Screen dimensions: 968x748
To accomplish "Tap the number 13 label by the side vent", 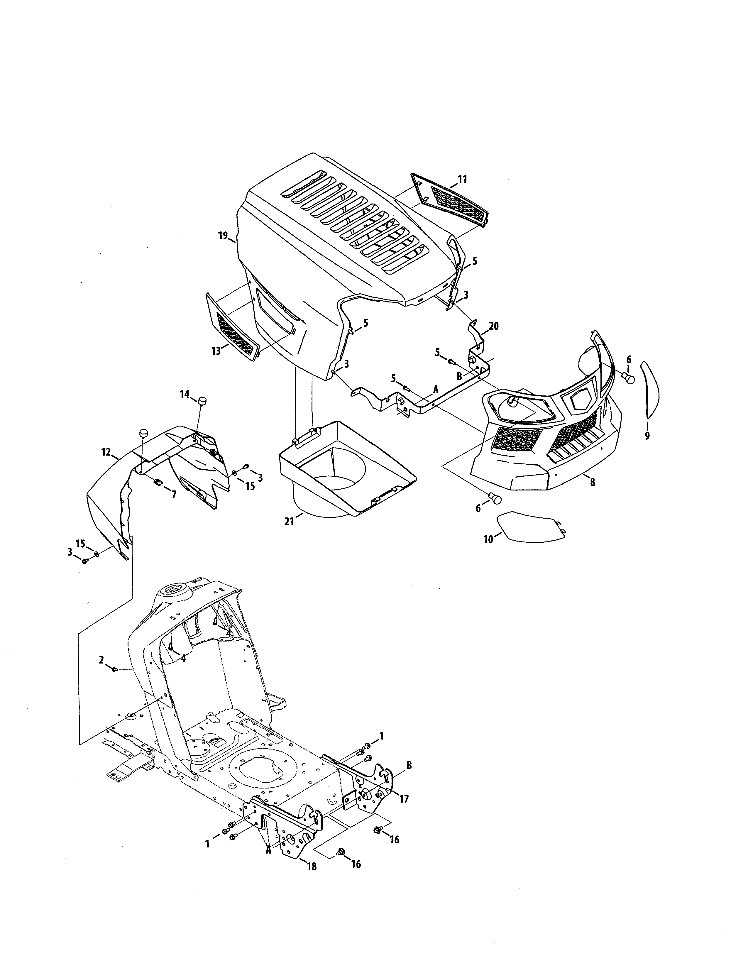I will click(216, 351).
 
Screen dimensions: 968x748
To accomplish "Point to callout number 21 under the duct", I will click(289, 521).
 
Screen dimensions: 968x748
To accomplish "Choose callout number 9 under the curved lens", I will click(647, 436).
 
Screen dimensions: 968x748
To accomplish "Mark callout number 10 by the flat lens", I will click(488, 540).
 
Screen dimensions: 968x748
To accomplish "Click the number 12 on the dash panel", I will click(106, 452).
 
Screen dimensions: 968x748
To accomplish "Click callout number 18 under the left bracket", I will click(312, 879).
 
